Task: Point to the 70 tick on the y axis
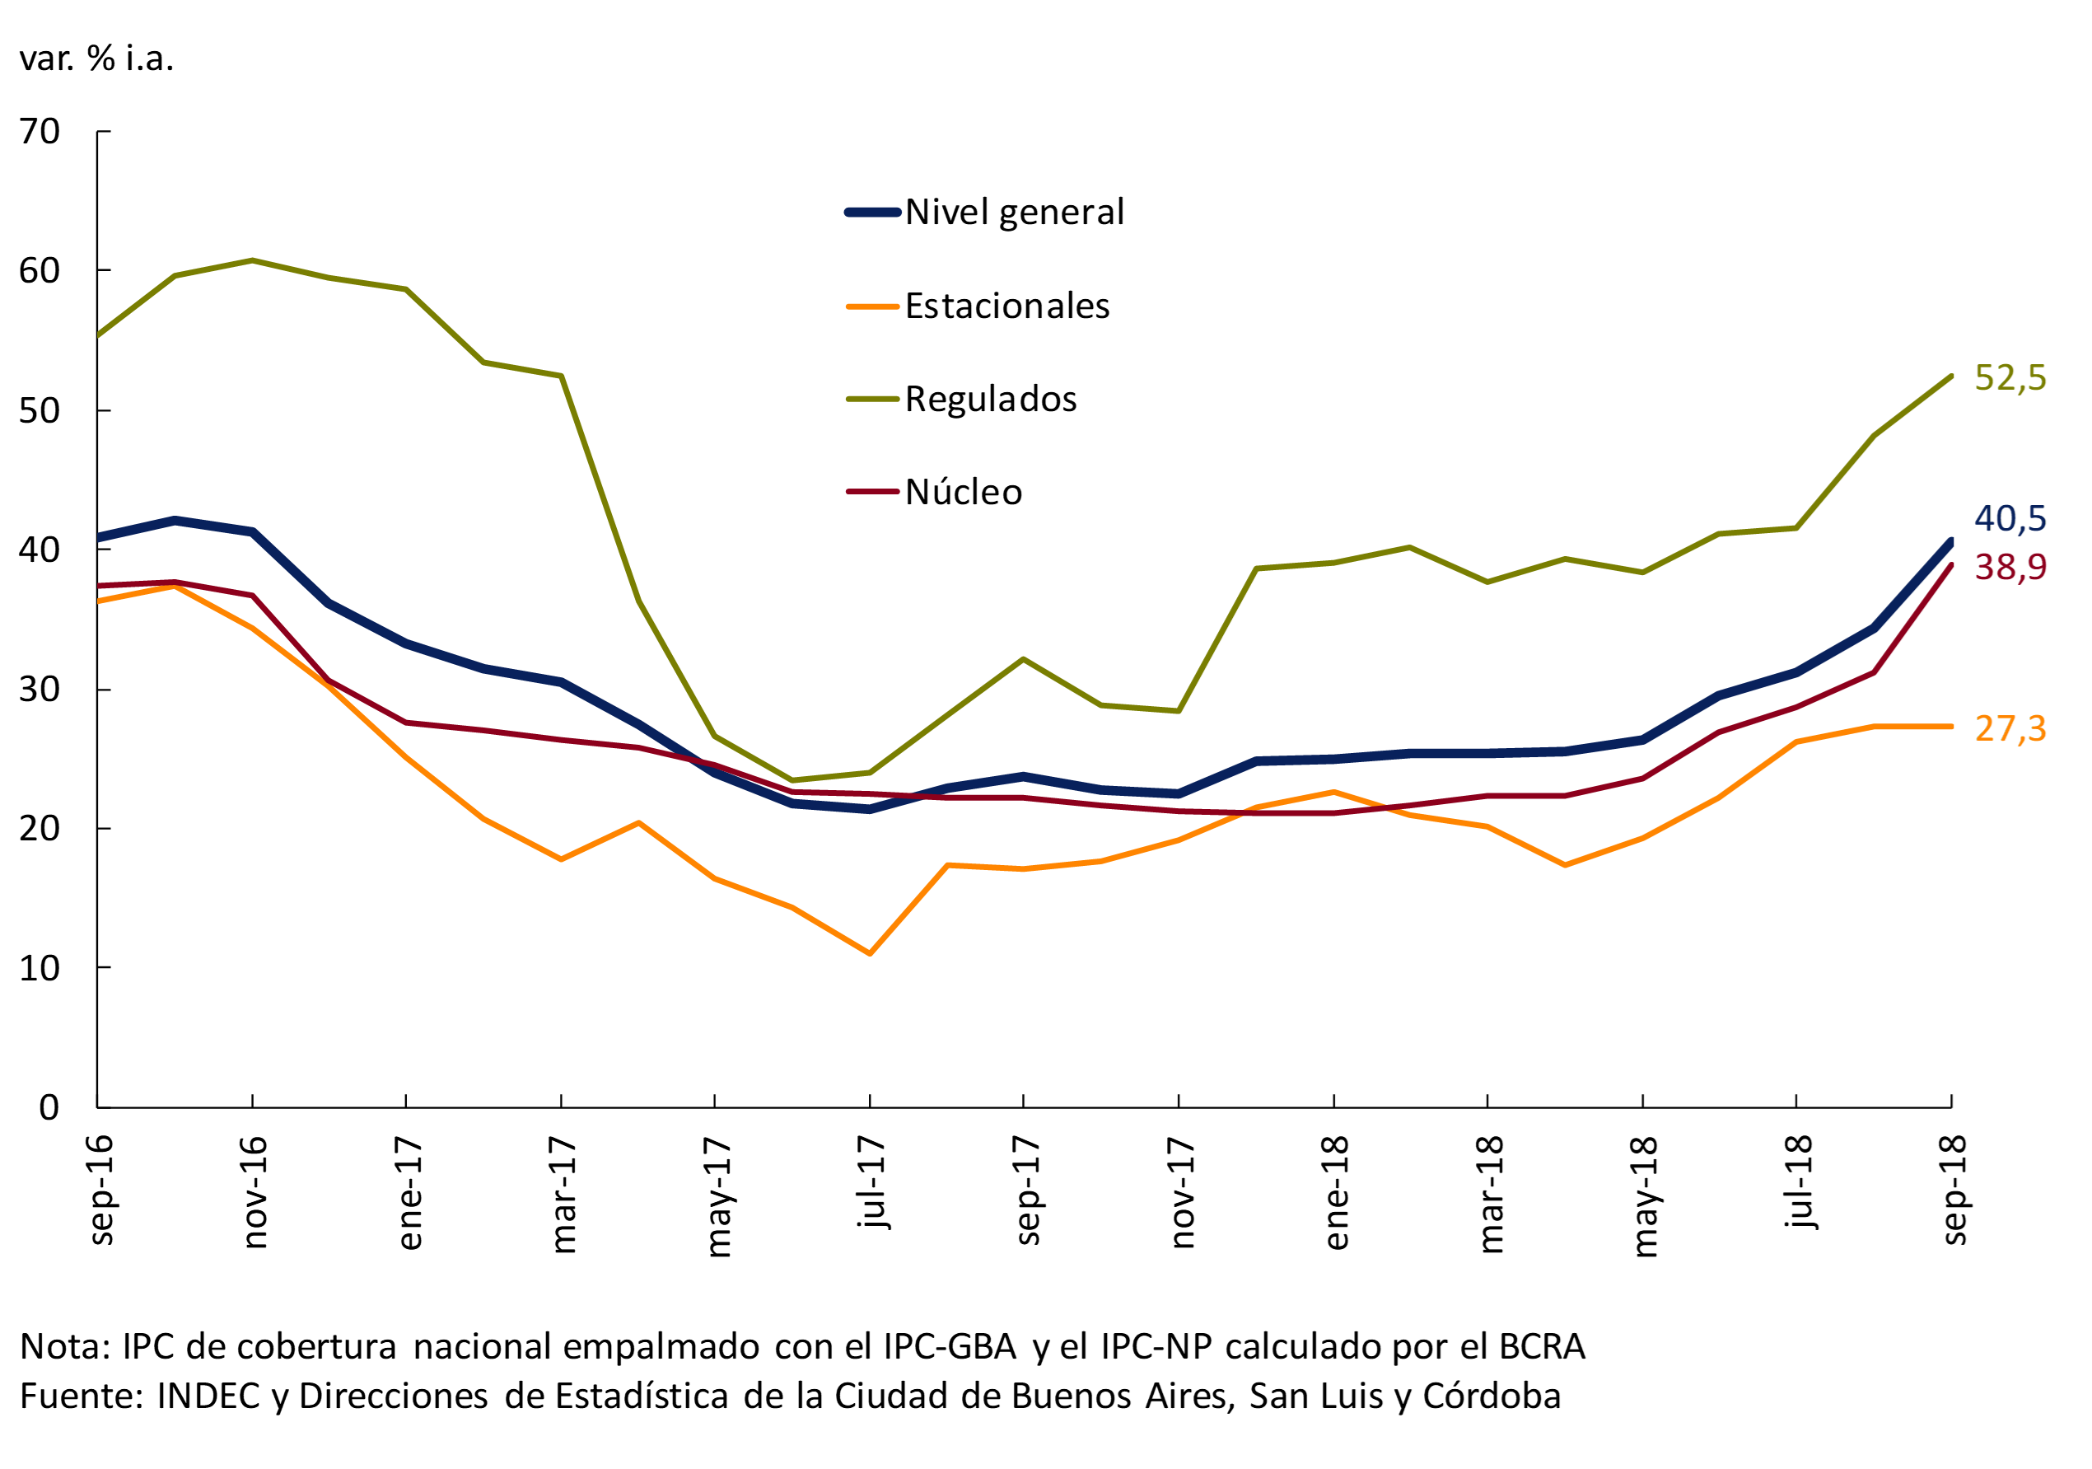pos(40,132)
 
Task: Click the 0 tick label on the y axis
pos(49,1107)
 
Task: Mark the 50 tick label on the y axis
pos(40,411)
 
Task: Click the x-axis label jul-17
pos(871,1182)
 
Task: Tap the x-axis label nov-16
pos(254,1191)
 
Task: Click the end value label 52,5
pos(2010,377)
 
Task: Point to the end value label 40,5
pos(2010,518)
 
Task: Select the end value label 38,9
pos(2010,567)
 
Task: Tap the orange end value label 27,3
pos(2010,728)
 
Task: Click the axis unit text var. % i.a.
pos(96,58)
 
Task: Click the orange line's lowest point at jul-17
pos(869,953)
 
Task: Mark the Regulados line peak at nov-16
pos(252,260)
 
